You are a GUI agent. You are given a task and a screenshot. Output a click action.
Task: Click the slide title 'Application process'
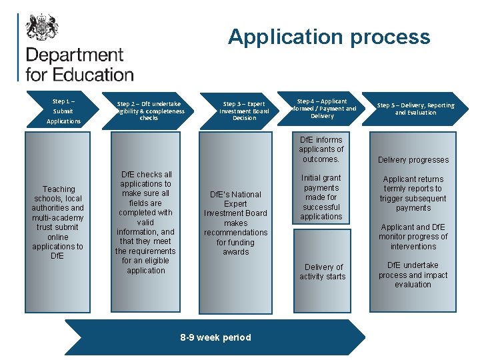(329, 37)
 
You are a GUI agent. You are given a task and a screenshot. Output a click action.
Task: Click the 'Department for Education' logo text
(79, 64)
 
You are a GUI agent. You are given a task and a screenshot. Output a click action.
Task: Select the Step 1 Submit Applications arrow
(62, 111)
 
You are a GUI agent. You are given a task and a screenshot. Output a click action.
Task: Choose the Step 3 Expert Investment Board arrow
(243, 111)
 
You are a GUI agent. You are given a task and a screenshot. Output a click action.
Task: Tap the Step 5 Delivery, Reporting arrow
(415, 109)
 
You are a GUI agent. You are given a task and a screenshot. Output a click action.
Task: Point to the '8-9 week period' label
(216, 337)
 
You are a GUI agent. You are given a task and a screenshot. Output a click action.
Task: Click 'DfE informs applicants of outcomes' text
(321, 149)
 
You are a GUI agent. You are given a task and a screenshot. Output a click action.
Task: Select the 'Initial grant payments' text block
(321, 197)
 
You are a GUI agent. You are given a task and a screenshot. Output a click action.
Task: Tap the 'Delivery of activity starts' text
(323, 271)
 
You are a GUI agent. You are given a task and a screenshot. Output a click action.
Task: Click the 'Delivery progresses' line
(413, 160)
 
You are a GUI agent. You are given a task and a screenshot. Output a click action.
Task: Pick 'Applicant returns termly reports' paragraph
(413, 193)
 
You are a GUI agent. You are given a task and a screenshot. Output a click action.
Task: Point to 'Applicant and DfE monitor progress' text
(413, 237)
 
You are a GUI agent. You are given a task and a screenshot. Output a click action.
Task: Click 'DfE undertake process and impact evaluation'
(413, 275)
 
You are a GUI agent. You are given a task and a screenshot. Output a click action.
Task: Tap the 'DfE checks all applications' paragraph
(145, 223)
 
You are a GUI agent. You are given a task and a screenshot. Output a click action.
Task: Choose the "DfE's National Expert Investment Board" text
(236, 223)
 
